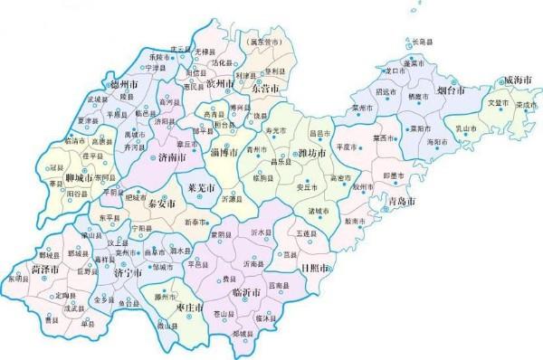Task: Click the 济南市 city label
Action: [172, 156]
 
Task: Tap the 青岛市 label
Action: [399, 199]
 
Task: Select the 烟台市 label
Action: [449, 91]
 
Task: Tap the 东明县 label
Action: [20, 280]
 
